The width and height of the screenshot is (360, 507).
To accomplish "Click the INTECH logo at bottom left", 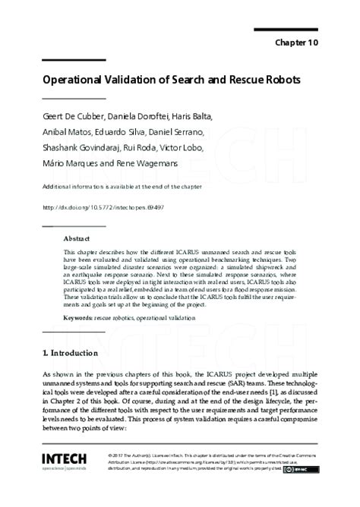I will click(65, 460).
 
